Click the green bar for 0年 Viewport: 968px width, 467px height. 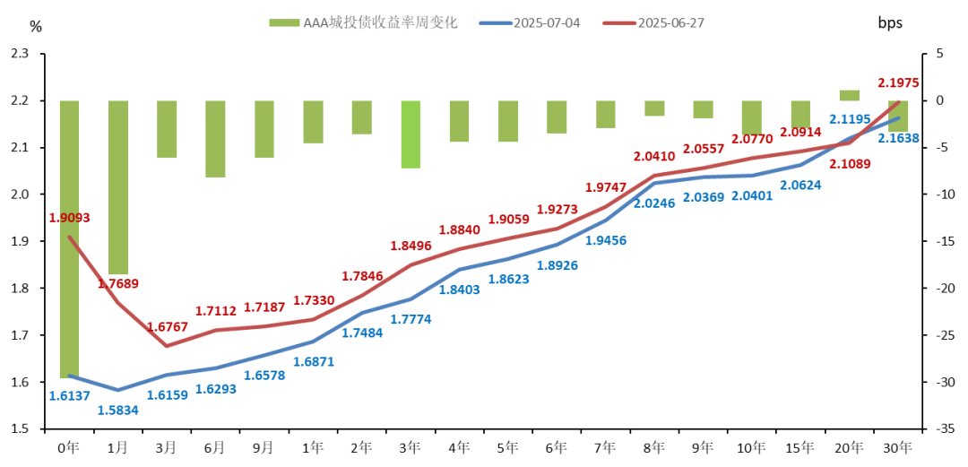(69, 238)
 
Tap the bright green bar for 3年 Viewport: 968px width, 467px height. (411, 134)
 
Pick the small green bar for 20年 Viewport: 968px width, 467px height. (849, 95)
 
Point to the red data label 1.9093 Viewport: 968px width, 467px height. (69, 218)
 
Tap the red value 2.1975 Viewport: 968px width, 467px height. (898, 82)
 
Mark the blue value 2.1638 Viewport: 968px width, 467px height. (898, 138)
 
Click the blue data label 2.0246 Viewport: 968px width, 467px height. (654, 203)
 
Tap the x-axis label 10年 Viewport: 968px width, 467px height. (752, 446)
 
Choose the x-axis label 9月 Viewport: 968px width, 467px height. (264, 446)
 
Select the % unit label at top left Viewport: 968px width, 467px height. (36, 26)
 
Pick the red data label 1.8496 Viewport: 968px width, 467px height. (411, 246)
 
